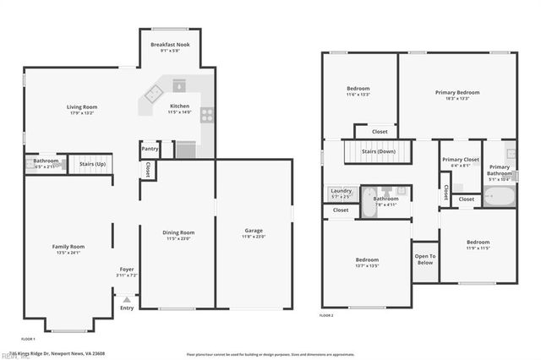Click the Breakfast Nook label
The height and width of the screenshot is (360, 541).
pos(170,44)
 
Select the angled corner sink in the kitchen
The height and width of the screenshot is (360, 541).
pos(155,95)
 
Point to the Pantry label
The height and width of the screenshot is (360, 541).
pos(150,149)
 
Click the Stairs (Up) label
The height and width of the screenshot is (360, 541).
pos(92,163)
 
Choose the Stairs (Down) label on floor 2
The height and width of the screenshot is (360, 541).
pos(378,151)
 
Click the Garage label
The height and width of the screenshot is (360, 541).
pos(253,231)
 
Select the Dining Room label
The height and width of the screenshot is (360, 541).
pos(178,232)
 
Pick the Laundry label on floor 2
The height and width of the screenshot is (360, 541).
pos(341,191)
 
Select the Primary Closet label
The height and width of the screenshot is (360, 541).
pos(460,159)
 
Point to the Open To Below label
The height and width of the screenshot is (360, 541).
pos(424,259)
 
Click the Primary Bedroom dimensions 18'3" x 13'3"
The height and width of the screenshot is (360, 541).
pos(457,99)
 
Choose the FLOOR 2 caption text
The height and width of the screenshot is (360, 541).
pos(326,314)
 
